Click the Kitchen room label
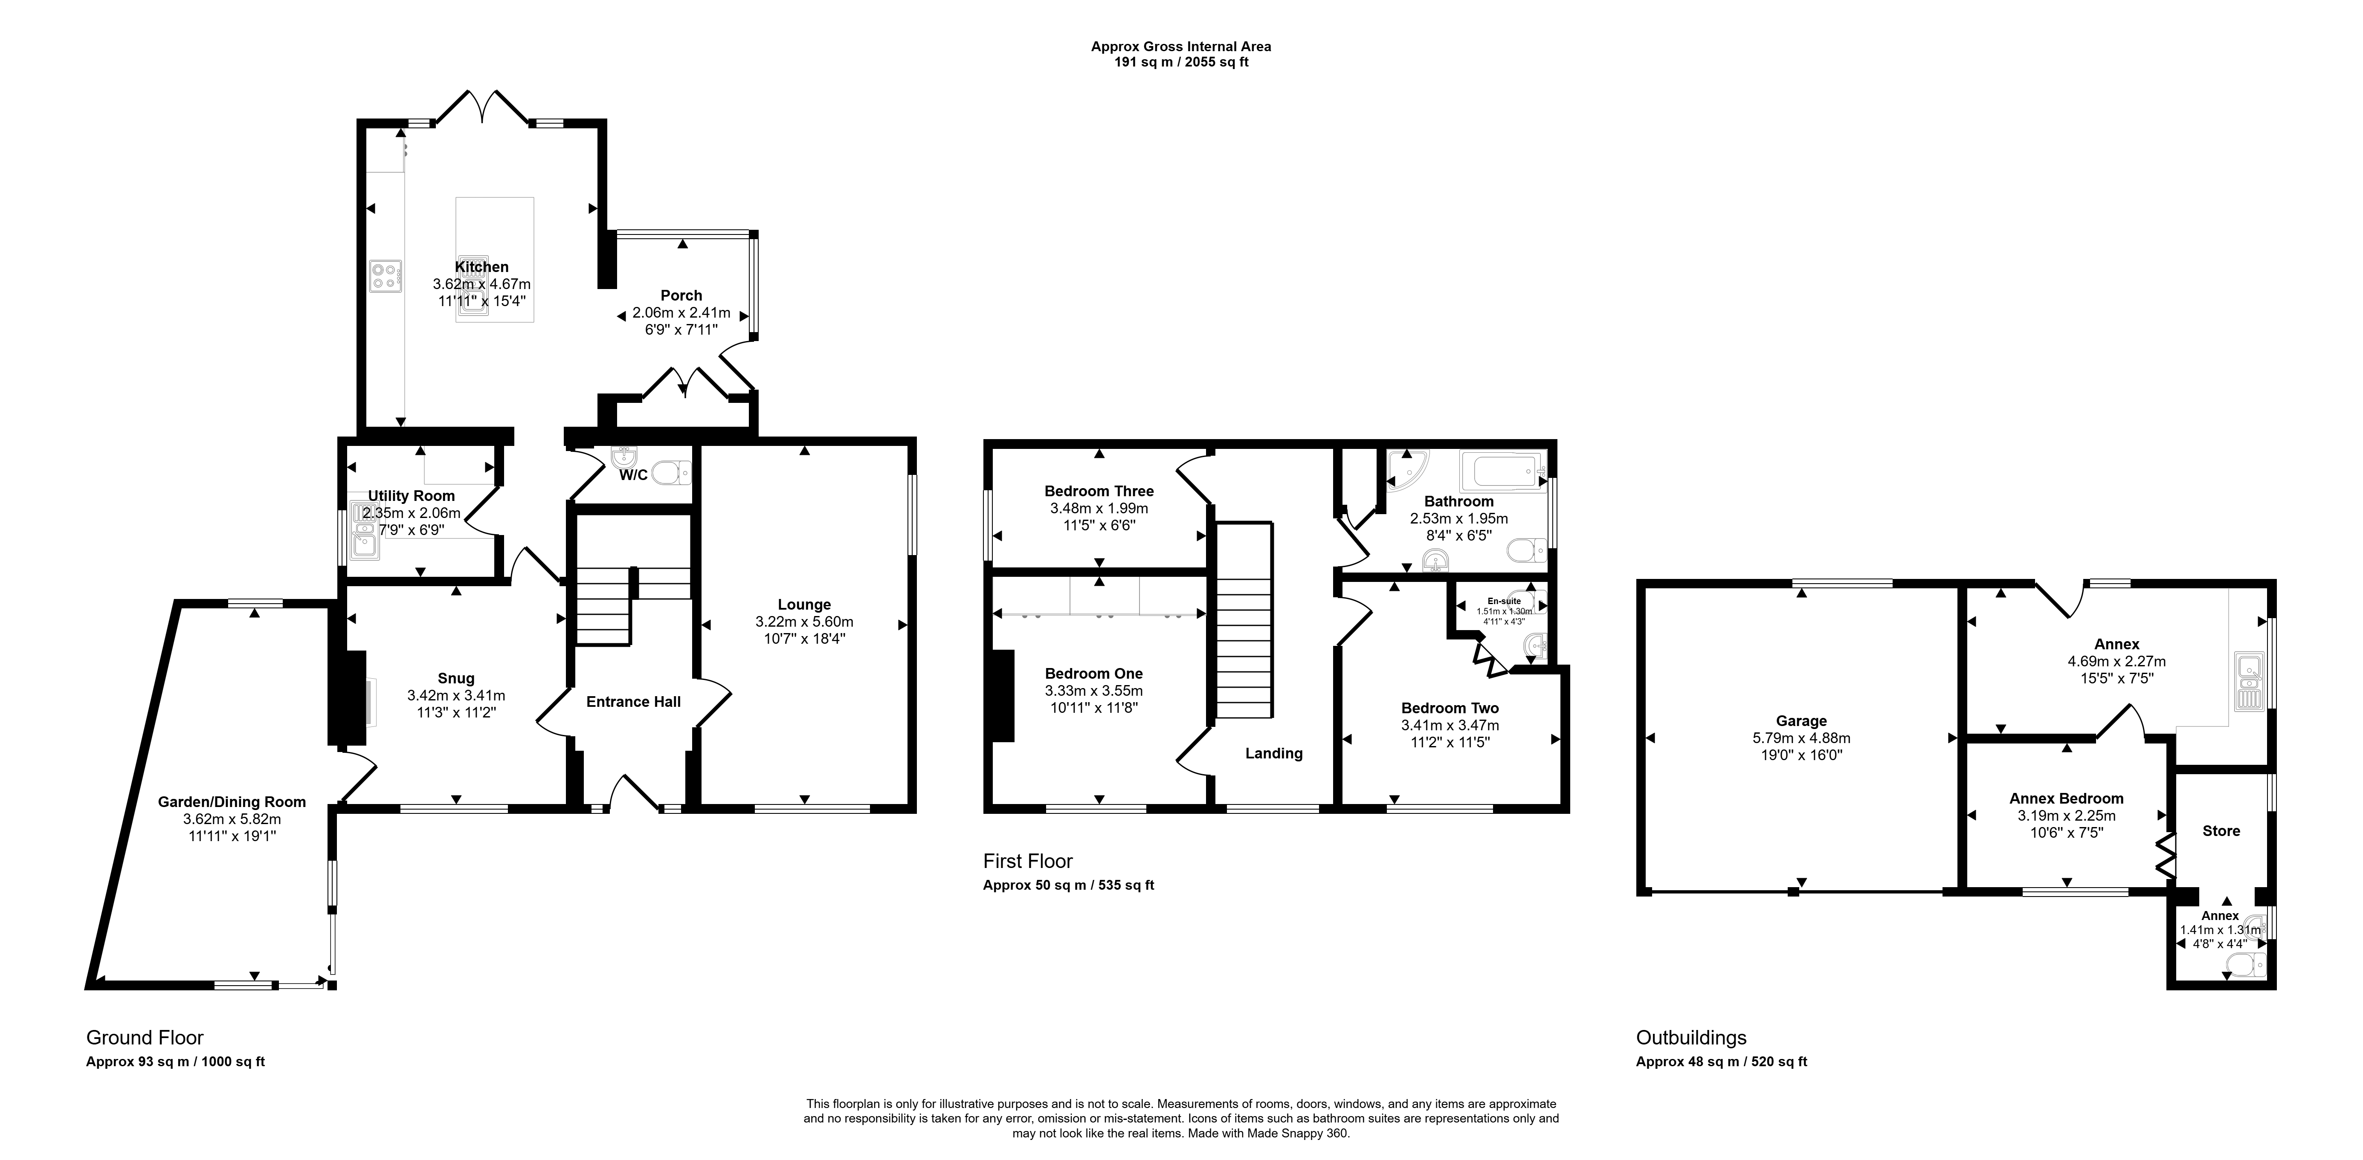[481, 267]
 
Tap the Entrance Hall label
[633, 702]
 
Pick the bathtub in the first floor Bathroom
[1509, 470]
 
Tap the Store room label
[2221, 831]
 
